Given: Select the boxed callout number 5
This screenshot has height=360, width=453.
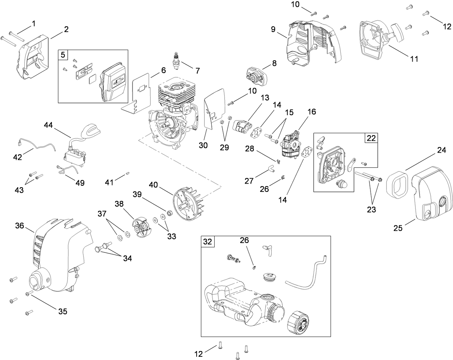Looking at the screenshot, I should (x=63, y=55).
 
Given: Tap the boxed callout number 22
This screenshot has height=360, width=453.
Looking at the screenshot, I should (x=371, y=138).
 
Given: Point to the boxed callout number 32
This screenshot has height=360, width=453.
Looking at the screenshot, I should (x=208, y=241).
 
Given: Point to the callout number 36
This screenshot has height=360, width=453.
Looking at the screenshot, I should (x=19, y=226).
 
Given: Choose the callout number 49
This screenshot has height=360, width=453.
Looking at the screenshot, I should (x=80, y=183).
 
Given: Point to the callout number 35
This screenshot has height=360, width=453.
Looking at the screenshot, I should (x=63, y=311).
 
